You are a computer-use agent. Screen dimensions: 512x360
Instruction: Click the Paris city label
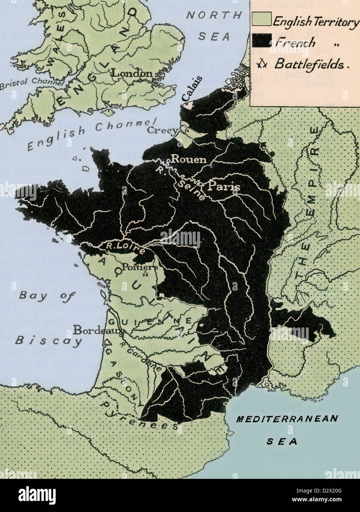[x=224, y=186]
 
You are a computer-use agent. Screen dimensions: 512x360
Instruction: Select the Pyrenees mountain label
[x=140, y=416]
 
